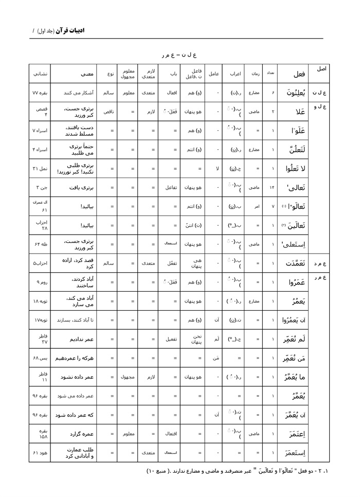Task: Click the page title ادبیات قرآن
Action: click(67, 31)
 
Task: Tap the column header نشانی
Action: click(40, 74)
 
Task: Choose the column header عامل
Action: click(213, 74)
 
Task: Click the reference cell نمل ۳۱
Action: click(40, 169)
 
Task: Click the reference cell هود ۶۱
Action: click(40, 453)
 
